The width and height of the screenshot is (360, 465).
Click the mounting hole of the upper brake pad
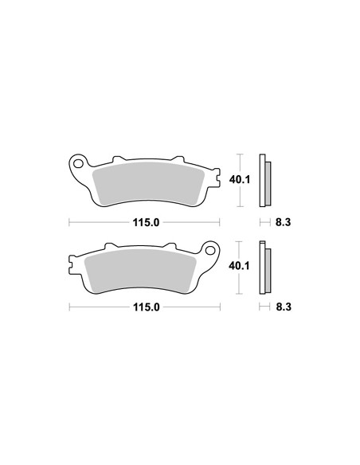[x=78, y=163]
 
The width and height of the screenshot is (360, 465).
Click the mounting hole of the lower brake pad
[x=210, y=251]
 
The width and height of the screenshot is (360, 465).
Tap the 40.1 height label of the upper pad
[x=240, y=179]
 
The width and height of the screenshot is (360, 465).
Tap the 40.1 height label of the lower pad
[x=239, y=266]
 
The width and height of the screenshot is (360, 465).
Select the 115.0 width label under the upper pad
[x=146, y=222]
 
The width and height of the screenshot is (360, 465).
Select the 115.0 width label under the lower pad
[x=147, y=307]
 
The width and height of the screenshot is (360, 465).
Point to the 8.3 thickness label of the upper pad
[x=283, y=222]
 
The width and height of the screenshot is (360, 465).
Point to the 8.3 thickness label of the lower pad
[x=284, y=307]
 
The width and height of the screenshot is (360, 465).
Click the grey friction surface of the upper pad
[x=148, y=183]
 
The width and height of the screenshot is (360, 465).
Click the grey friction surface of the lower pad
[x=140, y=271]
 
